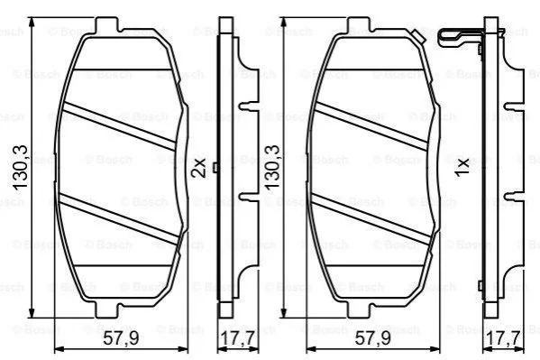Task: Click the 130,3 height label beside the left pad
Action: pos(20,167)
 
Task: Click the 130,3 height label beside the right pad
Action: pos(272,167)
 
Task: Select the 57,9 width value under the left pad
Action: pos(121,338)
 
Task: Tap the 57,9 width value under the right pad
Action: pos(372,338)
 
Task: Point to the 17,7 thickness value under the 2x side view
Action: pos(237,338)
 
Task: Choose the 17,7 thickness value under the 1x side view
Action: pos(503,338)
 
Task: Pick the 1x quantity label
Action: pos(462,167)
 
